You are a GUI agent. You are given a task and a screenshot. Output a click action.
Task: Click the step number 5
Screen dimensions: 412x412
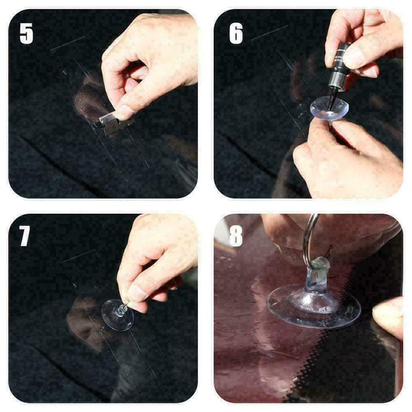[26, 33]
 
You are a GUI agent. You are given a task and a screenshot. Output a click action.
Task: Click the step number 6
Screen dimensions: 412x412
[236, 33]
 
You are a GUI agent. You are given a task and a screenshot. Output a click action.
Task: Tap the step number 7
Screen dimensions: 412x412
[25, 236]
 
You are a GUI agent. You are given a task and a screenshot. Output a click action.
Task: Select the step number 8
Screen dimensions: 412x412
[236, 236]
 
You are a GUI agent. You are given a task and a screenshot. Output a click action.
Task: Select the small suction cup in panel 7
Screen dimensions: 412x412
[117, 315]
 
